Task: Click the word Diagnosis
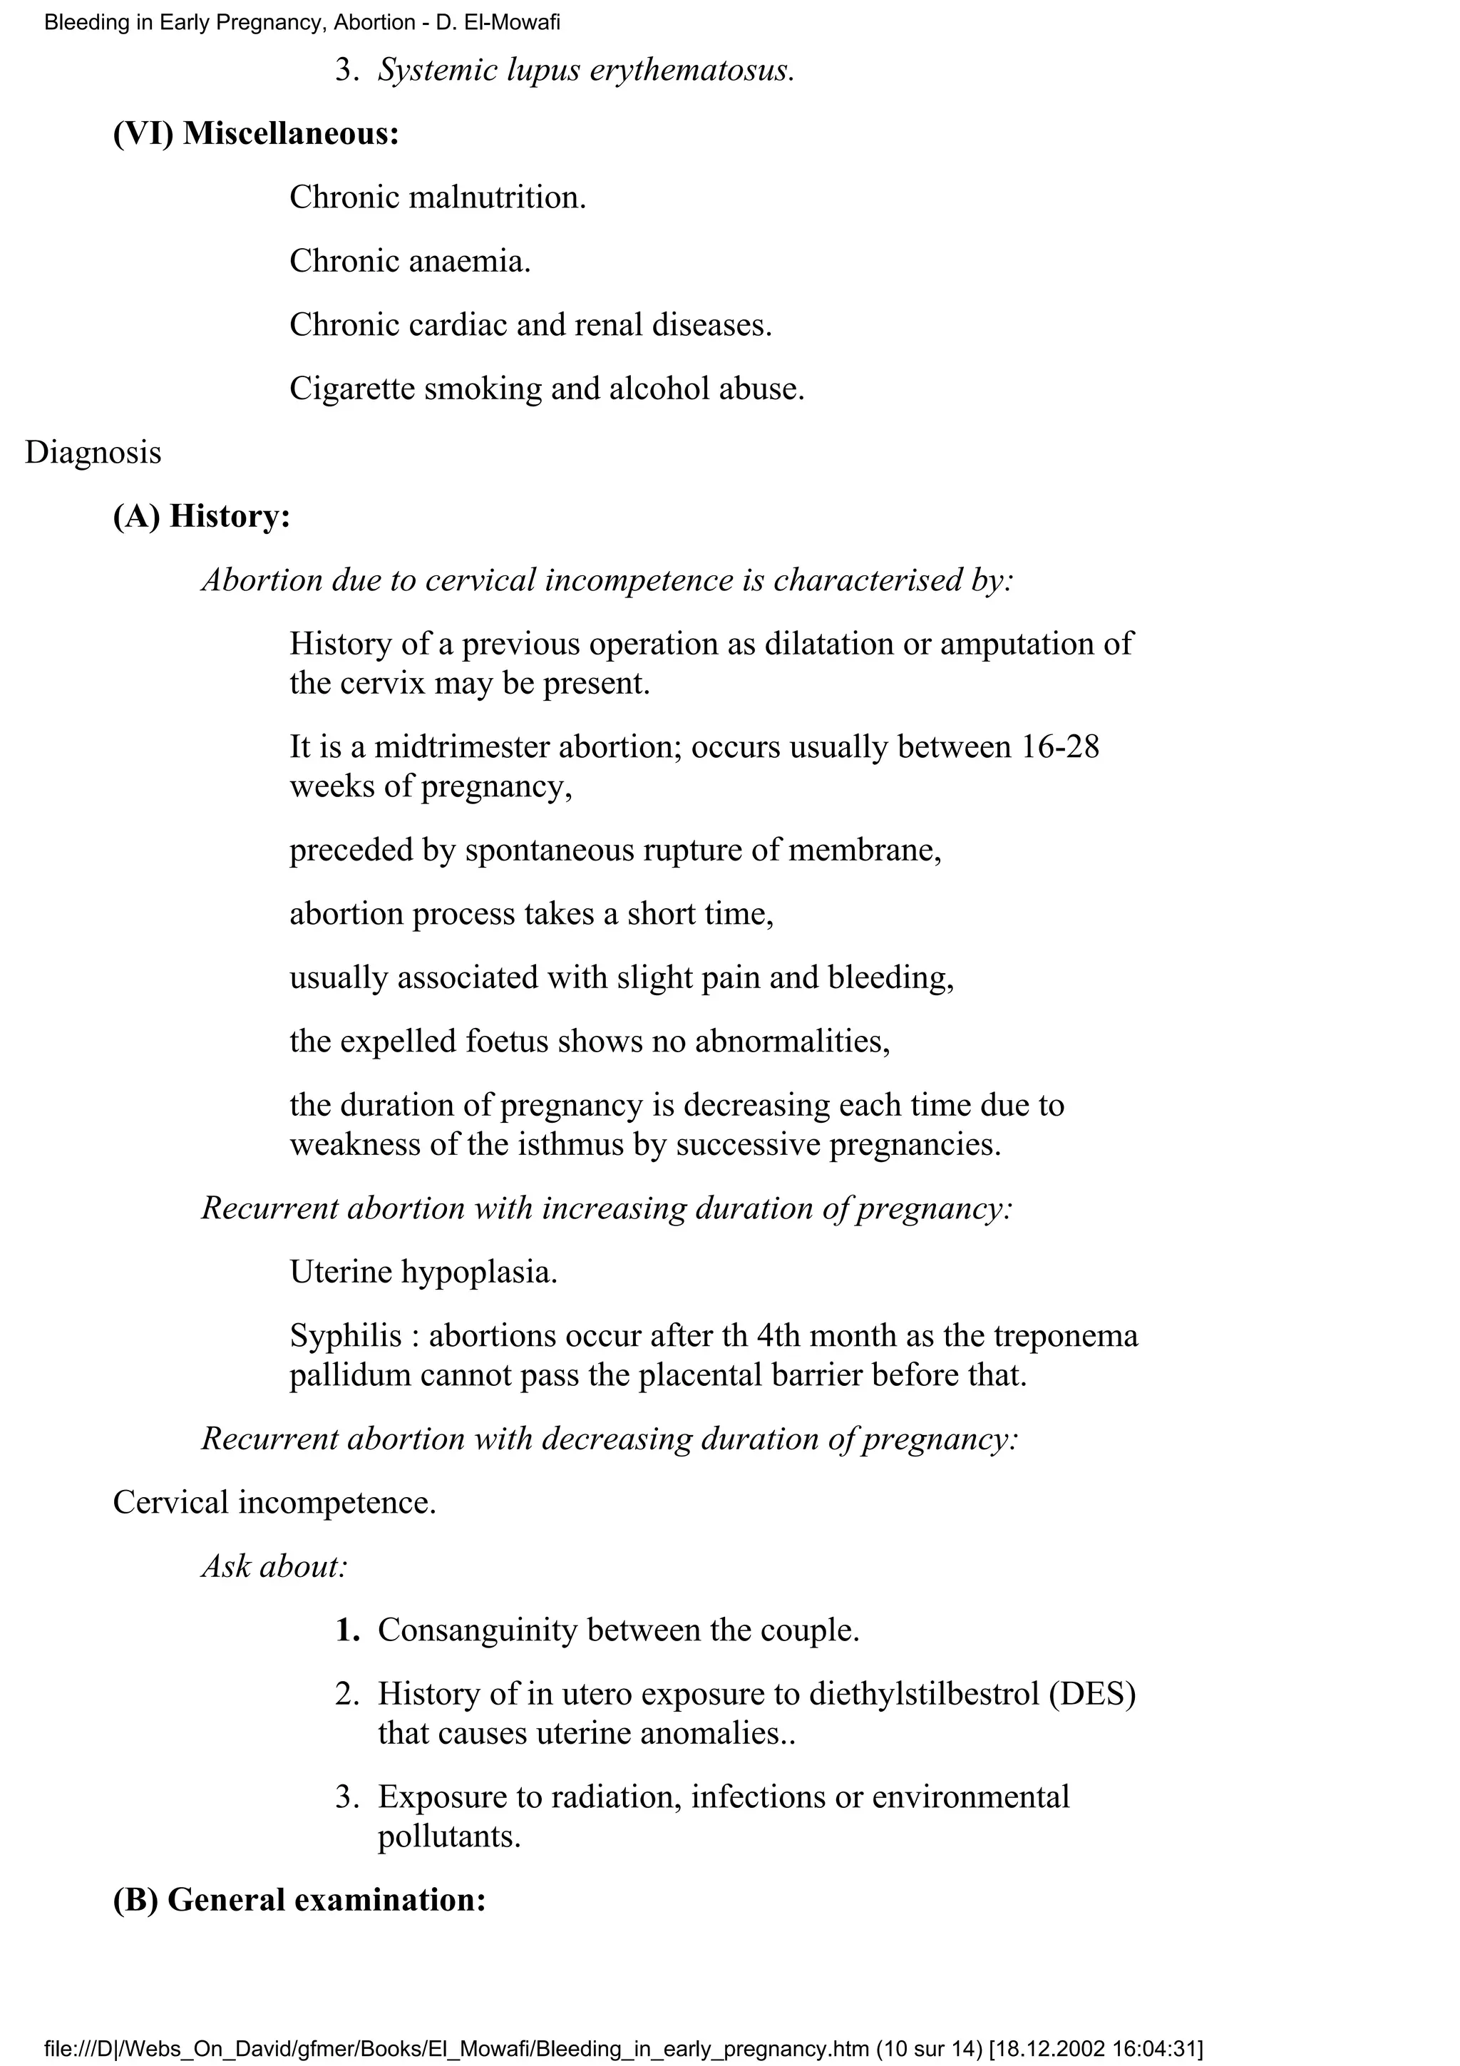click(x=93, y=453)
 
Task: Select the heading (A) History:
click(x=202, y=516)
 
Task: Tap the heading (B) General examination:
click(x=299, y=1898)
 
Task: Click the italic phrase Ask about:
click(x=274, y=1566)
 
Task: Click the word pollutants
click(x=449, y=1836)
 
